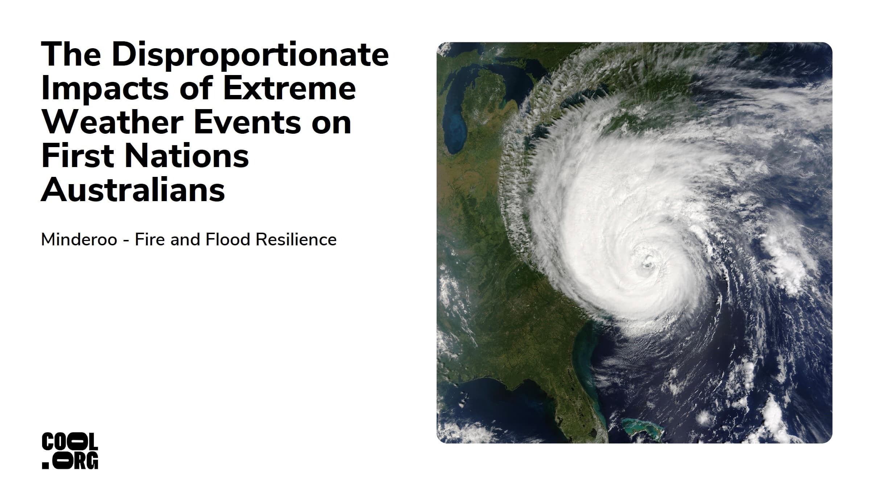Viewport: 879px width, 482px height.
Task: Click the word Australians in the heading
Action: click(133, 190)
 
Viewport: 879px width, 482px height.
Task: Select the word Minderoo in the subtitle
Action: click(79, 240)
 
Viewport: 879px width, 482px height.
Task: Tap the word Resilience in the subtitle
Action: click(296, 240)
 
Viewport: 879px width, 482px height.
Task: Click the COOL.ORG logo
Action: click(70, 450)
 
